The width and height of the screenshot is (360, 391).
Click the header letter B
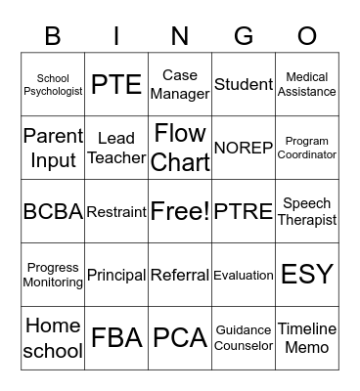[53, 36]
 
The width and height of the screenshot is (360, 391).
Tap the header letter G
[244, 36]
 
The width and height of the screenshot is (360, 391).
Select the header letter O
[307, 36]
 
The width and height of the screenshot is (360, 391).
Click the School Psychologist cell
[53, 85]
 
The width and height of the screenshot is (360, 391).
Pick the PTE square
[116, 85]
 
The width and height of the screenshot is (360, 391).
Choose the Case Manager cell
[180, 85]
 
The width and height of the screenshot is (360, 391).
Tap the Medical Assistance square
[307, 85]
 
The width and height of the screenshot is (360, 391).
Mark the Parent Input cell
[53, 148]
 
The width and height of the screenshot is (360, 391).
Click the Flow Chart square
[180, 148]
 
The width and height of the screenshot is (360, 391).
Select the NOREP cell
[244, 148]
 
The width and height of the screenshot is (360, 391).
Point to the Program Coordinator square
[307, 148]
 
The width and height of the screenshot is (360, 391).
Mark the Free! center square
[180, 211]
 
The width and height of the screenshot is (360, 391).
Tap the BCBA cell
[53, 211]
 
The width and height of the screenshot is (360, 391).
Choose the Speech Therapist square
[307, 211]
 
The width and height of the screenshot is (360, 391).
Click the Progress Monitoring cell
[53, 275]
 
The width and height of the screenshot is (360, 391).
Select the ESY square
[307, 275]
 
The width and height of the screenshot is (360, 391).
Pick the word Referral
[180, 276]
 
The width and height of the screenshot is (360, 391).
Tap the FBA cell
[116, 338]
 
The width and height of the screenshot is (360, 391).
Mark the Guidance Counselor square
[244, 338]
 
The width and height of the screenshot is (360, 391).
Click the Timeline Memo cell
[307, 338]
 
